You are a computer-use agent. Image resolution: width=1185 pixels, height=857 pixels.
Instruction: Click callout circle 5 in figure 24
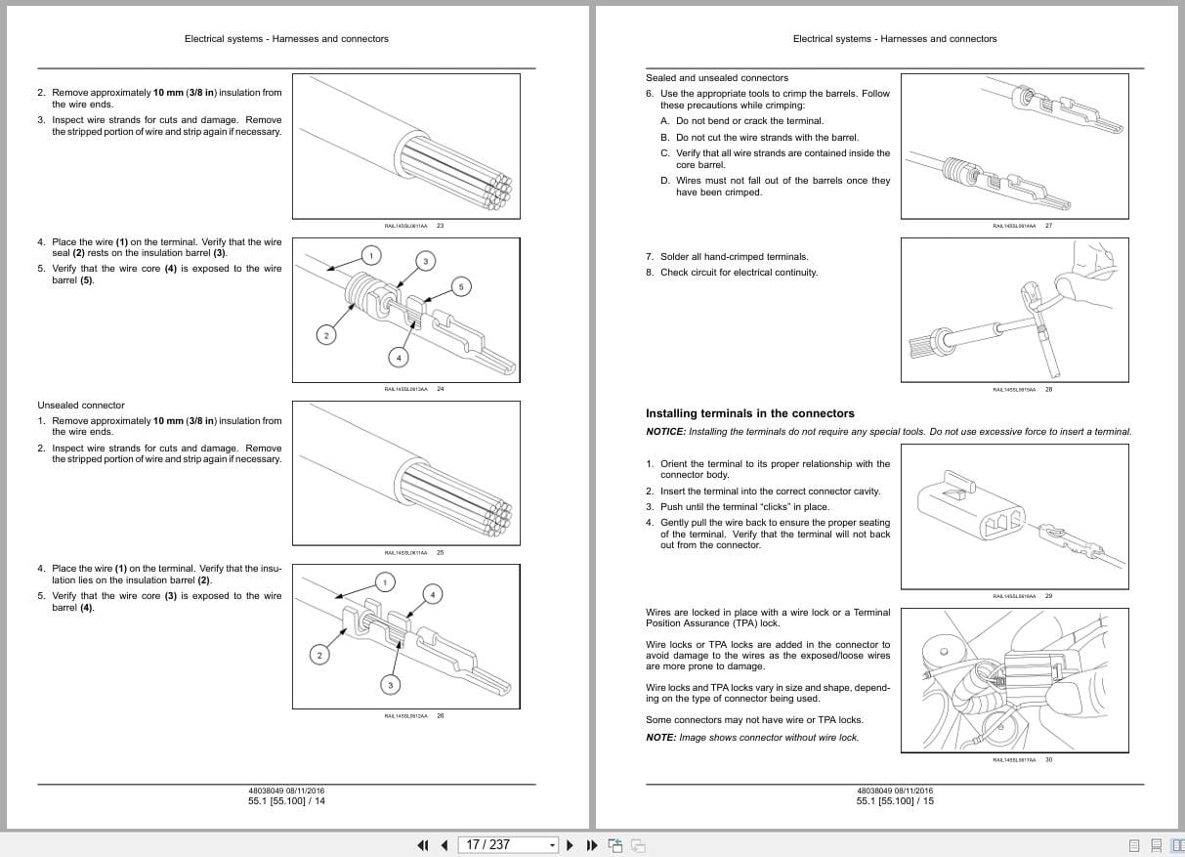tap(462, 286)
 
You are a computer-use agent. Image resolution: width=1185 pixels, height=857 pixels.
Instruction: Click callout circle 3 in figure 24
tap(425, 260)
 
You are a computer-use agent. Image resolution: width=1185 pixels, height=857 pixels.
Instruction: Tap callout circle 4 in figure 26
tap(434, 593)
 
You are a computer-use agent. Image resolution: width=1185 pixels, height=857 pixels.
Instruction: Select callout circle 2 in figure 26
tap(318, 655)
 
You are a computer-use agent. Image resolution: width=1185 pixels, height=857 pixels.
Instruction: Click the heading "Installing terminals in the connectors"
tap(749, 413)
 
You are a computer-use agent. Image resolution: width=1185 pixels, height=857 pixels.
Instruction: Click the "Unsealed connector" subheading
tap(81, 406)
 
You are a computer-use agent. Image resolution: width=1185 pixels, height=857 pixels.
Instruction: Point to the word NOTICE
tap(665, 432)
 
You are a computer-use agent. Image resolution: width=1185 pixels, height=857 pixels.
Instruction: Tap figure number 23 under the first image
tap(440, 226)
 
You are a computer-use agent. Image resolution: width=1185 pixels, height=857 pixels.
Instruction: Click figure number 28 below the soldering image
tap(1048, 389)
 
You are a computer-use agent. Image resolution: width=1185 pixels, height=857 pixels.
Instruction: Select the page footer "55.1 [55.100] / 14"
tap(286, 801)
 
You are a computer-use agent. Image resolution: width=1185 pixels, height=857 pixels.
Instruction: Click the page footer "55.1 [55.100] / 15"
tap(895, 801)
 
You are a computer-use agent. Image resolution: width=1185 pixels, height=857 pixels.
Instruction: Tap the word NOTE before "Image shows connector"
tap(660, 738)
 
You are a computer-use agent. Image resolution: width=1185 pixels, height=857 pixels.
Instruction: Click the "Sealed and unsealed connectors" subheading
tap(716, 78)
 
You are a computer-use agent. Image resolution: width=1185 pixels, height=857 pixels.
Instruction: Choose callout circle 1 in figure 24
tap(370, 256)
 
